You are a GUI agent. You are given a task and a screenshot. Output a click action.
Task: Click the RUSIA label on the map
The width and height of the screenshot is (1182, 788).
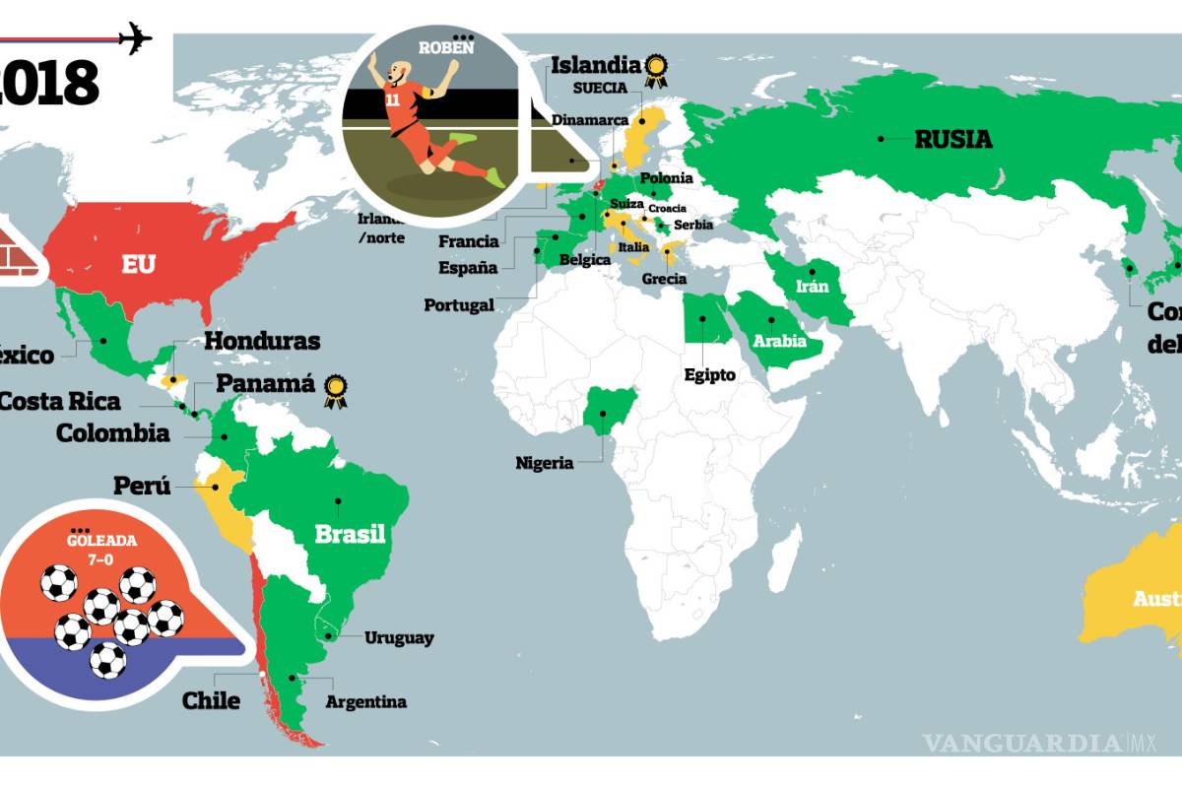coord(952,139)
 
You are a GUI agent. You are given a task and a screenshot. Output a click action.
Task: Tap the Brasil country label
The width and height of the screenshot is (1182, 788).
coord(350,535)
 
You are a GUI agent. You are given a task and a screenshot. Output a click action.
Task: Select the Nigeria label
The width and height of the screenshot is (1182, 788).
coord(544,462)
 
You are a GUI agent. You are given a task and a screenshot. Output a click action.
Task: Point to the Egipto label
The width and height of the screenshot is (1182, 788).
coord(709,374)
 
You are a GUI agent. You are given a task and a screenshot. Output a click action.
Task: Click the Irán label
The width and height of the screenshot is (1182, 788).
coord(813,287)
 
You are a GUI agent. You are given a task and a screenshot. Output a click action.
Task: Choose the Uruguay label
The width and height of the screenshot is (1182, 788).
coord(399,638)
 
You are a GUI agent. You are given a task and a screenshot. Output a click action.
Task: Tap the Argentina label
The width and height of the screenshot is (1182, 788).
coord(365,702)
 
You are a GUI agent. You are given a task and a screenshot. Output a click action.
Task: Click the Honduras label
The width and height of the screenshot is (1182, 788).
coord(262,341)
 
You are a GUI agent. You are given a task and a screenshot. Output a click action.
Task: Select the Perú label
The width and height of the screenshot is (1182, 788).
coord(142,486)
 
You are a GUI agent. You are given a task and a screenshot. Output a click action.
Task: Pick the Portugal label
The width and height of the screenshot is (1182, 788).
coord(459,305)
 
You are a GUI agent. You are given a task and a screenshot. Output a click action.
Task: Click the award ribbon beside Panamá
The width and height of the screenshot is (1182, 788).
coord(336,391)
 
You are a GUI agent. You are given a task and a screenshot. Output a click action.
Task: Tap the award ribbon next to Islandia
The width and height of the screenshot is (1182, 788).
coord(655,70)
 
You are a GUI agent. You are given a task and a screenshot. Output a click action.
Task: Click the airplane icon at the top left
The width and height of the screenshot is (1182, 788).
coord(135,38)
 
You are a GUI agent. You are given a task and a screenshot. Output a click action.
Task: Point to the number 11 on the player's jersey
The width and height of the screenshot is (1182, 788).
coord(394,99)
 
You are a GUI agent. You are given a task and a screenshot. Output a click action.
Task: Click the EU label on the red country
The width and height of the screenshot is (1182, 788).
coord(138,264)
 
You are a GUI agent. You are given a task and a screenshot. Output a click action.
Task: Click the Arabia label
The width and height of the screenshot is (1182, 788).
coord(780,342)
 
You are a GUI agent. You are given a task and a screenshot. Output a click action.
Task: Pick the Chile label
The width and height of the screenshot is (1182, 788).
coord(211,700)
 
